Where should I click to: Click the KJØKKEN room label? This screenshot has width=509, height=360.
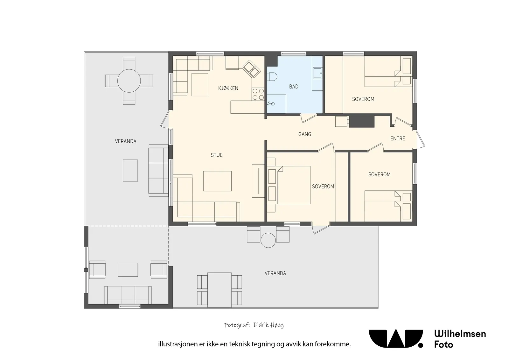[x=228, y=88]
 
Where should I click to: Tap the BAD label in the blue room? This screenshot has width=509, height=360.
[x=294, y=86]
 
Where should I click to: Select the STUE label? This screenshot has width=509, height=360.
[x=217, y=155]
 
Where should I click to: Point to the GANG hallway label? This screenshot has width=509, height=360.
[x=304, y=134]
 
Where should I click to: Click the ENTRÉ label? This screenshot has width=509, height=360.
[x=398, y=138]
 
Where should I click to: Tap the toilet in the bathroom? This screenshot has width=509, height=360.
[x=272, y=76]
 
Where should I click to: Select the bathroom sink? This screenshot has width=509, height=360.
[x=318, y=73]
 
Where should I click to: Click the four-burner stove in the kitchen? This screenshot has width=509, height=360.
[x=258, y=94]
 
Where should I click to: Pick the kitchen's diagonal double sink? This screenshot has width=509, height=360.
[x=251, y=69]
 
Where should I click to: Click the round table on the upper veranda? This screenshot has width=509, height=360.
[x=129, y=81]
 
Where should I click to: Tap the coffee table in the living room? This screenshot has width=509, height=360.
[x=217, y=181]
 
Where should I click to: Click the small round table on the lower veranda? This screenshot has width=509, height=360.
[x=268, y=240]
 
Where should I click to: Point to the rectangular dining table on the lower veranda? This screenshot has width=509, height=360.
[x=219, y=290]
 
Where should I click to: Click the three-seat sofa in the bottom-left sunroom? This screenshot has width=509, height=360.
[x=128, y=295]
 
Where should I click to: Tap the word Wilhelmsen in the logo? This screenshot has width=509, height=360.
[x=460, y=334]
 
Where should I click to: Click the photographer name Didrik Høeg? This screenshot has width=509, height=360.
[x=268, y=325]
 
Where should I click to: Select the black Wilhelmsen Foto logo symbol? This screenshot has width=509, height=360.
[x=396, y=339]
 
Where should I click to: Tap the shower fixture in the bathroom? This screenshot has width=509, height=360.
[x=270, y=103]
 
